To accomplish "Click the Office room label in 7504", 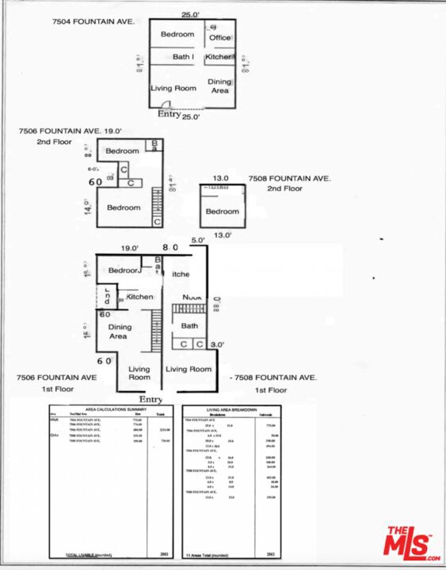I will [x=219, y=37].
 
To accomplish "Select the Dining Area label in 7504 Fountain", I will [x=219, y=85].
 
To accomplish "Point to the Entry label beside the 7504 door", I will [x=169, y=115].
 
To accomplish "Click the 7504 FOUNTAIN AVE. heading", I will [x=64, y=21].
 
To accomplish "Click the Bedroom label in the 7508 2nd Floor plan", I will [x=222, y=211].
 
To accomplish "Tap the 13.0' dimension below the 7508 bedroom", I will [x=221, y=234].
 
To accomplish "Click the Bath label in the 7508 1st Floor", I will [x=189, y=325].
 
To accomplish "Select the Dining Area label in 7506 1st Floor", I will [x=118, y=331].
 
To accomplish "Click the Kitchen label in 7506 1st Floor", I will [x=139, y=297].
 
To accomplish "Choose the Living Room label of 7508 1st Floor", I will [x=189, y=369].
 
